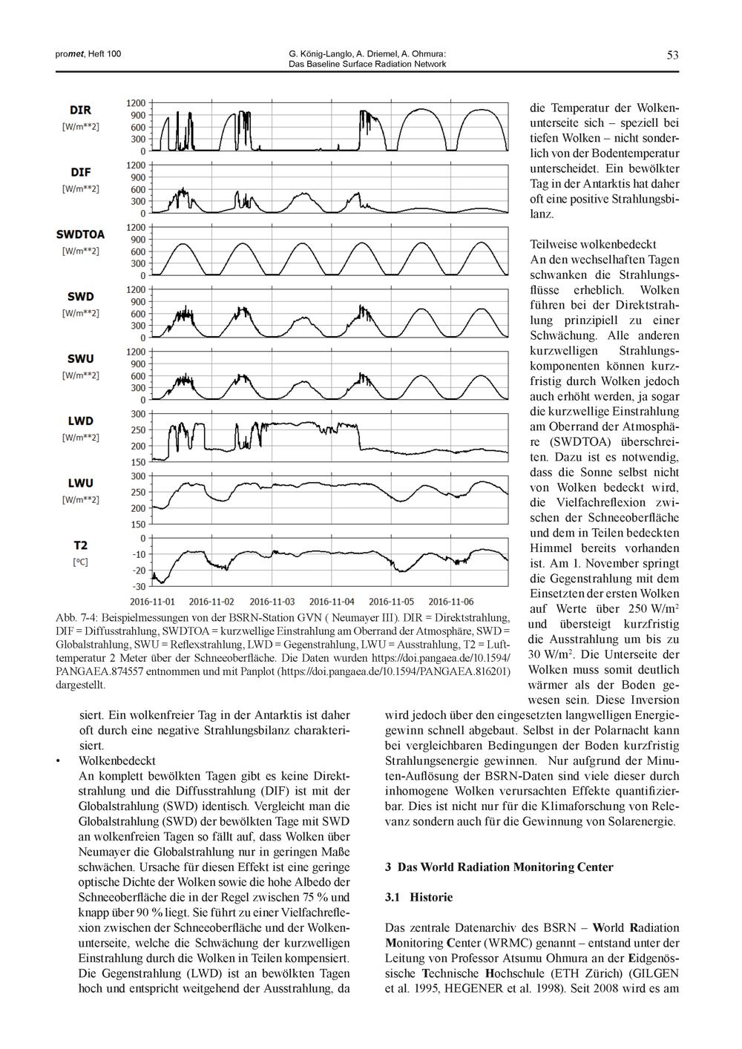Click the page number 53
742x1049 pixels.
click(x=672, y=55)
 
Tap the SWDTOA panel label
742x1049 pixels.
click(x=80, y=234)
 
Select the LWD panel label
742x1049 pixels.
click(x=80, y=421)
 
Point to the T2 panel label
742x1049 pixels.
click(x=80, y=545)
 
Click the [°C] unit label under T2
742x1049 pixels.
click(x=80, y=562)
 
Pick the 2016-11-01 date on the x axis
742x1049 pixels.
click(x=153, y=601)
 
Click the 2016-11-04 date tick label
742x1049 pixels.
click(x=332, y=601)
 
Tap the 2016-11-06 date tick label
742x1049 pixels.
click(x=451, y=601)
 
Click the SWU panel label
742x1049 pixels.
click(x=80, y=359)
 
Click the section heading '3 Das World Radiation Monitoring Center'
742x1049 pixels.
click(x=499, y=867)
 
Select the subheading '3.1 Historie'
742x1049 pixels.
click(x=418, y=897)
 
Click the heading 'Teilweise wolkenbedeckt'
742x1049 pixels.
click(x=594, y=244)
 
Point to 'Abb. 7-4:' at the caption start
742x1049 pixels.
click(x=76, y=617)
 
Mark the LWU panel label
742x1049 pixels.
click(x=80, y=483)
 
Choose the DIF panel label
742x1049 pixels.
click(x=80, y=173)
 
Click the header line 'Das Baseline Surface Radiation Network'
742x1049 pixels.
click(x=367, y=64)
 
